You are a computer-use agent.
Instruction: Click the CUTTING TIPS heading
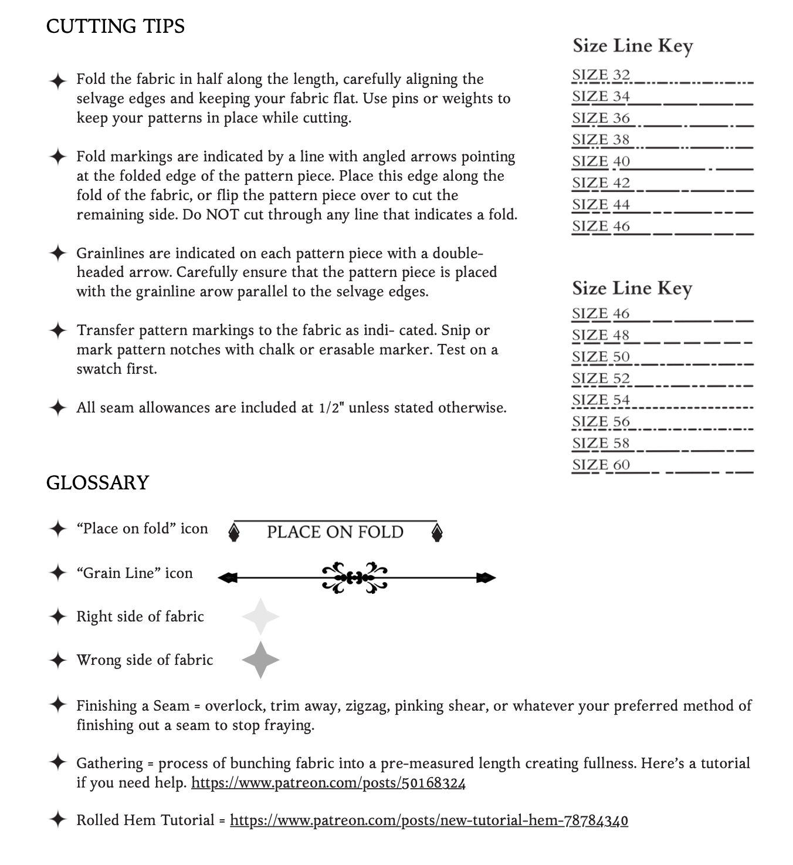pyautogui.click(x=115, y=26)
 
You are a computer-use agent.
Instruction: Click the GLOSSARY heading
pyautogui.click(x=97, y=482)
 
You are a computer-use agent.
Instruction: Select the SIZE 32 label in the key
pyautogui.click(x=601, y=75)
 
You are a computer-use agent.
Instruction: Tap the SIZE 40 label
pyautogui.click(x=601, y=161)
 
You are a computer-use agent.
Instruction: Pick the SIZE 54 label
pyautogui.click(x=601, y=400)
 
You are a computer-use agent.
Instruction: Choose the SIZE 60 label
pyautogui.click(x=601, y=465)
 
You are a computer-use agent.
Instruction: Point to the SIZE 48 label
pyautogui.click(x=601, y=335)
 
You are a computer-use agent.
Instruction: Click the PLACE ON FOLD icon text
pyautogui.click(x=335, y=532)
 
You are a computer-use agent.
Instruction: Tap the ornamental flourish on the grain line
pyautogui.click(x=355, y=577)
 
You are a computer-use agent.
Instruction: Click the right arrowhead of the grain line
pyautogui.click(x=486, y=578)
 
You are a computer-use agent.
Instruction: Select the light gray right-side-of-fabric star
pyautogui.click(x=260, y=617)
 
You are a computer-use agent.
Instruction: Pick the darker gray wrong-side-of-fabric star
pyautogui.click(x=260, y=660)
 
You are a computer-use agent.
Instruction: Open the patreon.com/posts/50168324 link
pyautogui.click(x=328, y=783)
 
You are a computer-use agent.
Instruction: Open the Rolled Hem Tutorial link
pyautogui.click(x=429, y=820)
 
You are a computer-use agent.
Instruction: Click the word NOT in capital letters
pyautogui.click(x=222, y=215)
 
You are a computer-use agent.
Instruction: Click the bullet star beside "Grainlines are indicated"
pyautogui.click(x=57, y=254)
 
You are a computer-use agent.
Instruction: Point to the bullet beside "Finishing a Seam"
pyautogui.click(x=57, y=704)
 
